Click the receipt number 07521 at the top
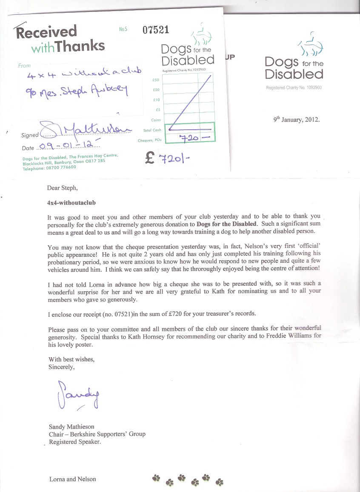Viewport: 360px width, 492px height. [x=156, y=30]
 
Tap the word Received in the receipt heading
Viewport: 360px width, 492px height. [x=47, y=32]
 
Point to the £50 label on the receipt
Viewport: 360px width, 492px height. [x=155, y=80]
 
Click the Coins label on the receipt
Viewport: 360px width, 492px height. [x=156, y=120]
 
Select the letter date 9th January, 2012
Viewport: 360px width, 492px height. [x=296, y=119]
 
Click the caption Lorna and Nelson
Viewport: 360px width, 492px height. [x=73, y=479]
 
